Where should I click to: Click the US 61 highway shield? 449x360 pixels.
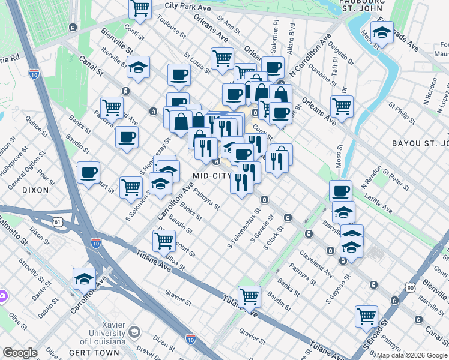58,222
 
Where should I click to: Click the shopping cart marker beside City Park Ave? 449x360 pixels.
140,8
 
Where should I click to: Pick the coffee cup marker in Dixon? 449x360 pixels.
88,173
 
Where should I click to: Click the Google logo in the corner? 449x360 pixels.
20,353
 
